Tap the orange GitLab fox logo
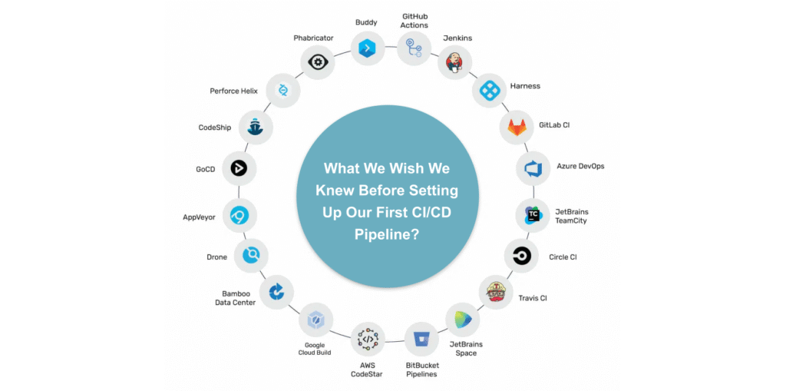(x=517, y=128)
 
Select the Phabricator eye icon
(x=317, y=62)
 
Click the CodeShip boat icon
(x=256, y=128)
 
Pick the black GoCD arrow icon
(x=239, y=169)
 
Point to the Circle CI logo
(x=521, y=256)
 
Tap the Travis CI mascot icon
(x=495, y=292)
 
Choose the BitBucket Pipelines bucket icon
(x=421, y=339)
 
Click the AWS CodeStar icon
(x=368, y=339)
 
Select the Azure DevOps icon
(x=533, y=168)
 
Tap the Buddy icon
(x=368, y=48)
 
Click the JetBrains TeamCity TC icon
(x=533, y=215)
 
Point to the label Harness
(x=525, y=86)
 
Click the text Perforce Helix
(x=233, y=91)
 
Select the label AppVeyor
(x=199, y=218)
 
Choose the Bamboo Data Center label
(x=236, y=298)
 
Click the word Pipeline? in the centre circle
(x=387, y=234)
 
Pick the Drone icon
(x=251, y=256)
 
